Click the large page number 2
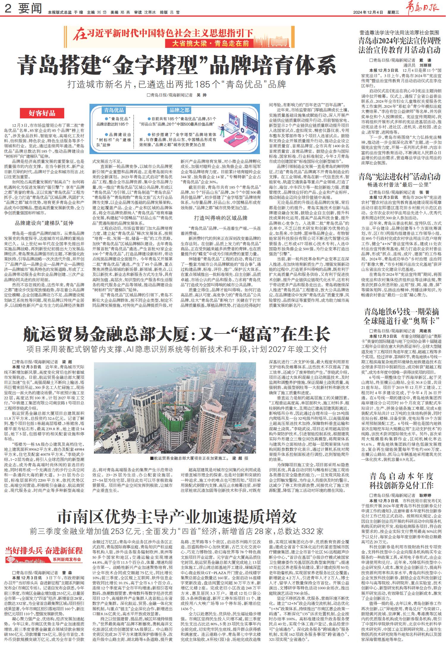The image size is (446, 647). pyautogui.click(x=8, y=9)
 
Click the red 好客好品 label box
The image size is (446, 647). pyautogui.click(x=42, y=113)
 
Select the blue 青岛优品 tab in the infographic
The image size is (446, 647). pyautogui.click(x=114, y=110)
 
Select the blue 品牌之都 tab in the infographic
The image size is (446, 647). pyautogui.click(x=179, y=110)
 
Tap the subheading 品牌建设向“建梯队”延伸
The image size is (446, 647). pyautogui.click(x=44, y=223)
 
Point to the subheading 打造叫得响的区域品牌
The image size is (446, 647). pyautogui.click(x=221, y=218)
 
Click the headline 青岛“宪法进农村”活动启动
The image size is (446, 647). pyautogui.click(x=399, y=177)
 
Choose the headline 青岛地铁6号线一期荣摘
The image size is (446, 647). pyautogui.click(x=401, y=312)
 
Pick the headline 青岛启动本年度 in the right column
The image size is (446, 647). pyautogui.click(x=401, y=476)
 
